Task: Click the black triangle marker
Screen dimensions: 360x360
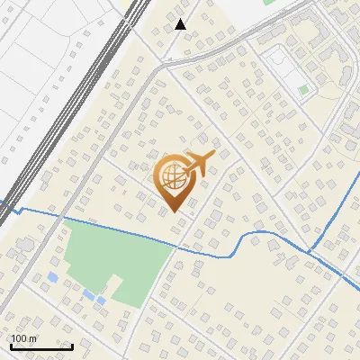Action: [181, 24]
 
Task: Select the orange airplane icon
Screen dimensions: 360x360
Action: [198, 164]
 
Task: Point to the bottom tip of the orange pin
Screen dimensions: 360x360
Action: [174, 211]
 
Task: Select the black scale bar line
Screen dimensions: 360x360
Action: [40, 346]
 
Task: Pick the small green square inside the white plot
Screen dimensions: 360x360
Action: [303, 90]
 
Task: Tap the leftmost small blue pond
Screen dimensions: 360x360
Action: [53, 277]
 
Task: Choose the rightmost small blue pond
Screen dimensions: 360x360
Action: [101, 300]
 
